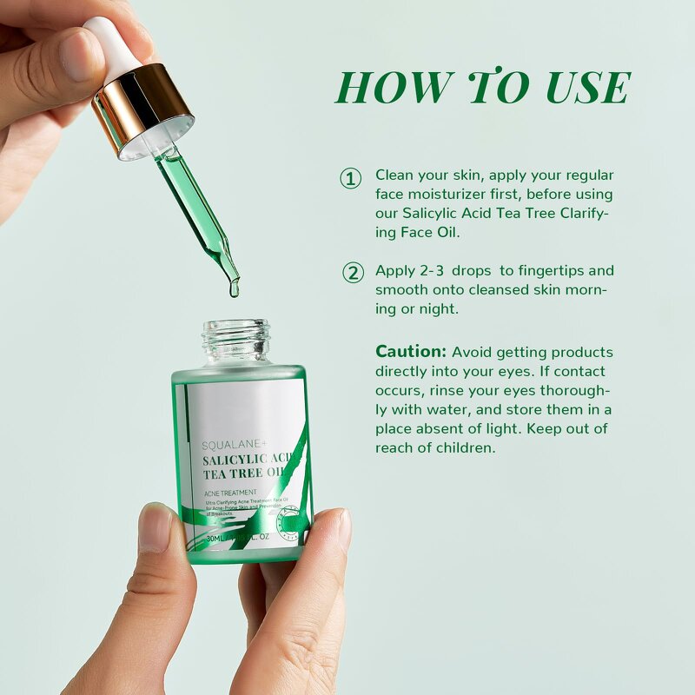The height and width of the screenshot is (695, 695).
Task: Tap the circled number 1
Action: click(350, 179)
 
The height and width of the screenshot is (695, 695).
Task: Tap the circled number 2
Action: click(352, 273)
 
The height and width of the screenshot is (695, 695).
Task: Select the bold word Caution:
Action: click(410, 352)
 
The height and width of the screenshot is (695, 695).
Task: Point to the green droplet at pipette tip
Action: click(233, 288)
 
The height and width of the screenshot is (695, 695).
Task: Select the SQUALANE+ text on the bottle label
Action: click(232, 441)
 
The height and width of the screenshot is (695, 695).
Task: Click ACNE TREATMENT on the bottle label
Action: click(231, 493)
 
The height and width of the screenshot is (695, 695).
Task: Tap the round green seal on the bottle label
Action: click(289, 520)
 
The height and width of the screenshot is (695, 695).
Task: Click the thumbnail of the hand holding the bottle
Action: click(156, 528)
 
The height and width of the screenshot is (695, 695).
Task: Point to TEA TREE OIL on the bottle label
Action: click(243, 473)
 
